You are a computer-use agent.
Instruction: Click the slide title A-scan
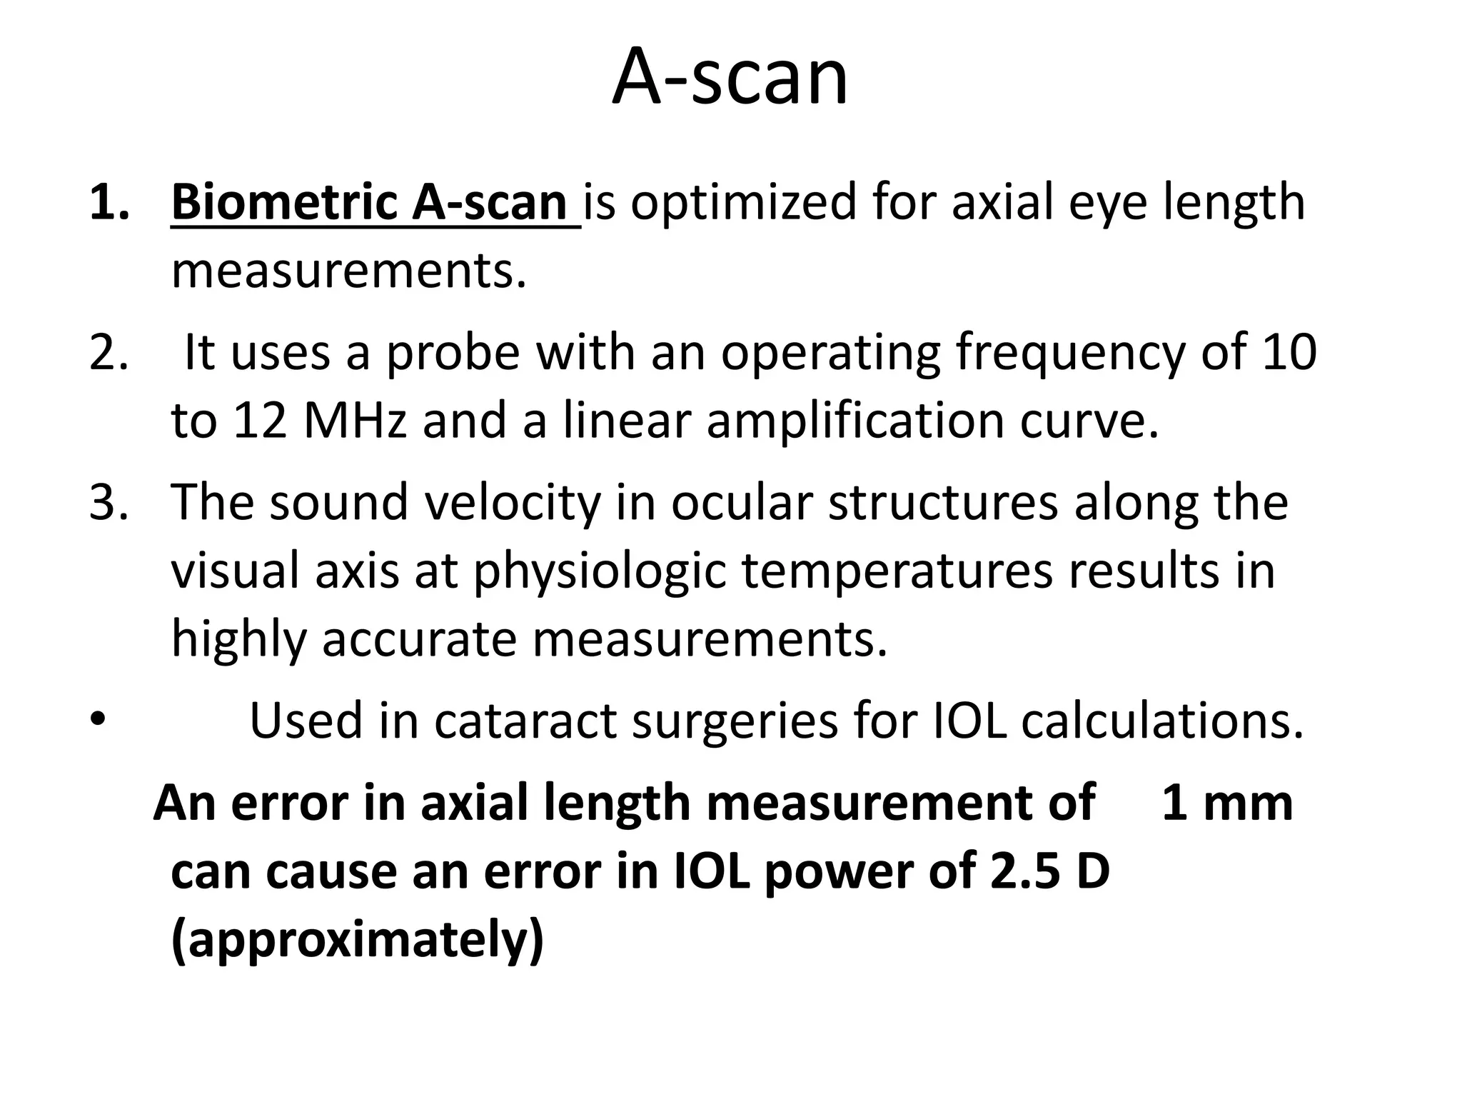pyautogui.click(x=730, y=77)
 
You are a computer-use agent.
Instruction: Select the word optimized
pyautogui.click(x=742, y=204)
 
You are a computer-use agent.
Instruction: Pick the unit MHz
pyautogui.click(x=355, y=420)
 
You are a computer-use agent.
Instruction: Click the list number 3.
pyautogui.click(x=109, y=502)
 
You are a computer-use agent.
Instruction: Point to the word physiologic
pyautogui.click(x=600, y=572)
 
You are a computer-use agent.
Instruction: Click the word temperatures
pyautogui.click(x=897, y=571)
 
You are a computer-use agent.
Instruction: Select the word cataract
pyautogui.click(x=525, y=721)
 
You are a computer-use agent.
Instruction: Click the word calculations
pyautogui.click(x=1161, y=721)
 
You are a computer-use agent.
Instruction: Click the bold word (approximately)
pyautogui.click(x=358, y=941)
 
